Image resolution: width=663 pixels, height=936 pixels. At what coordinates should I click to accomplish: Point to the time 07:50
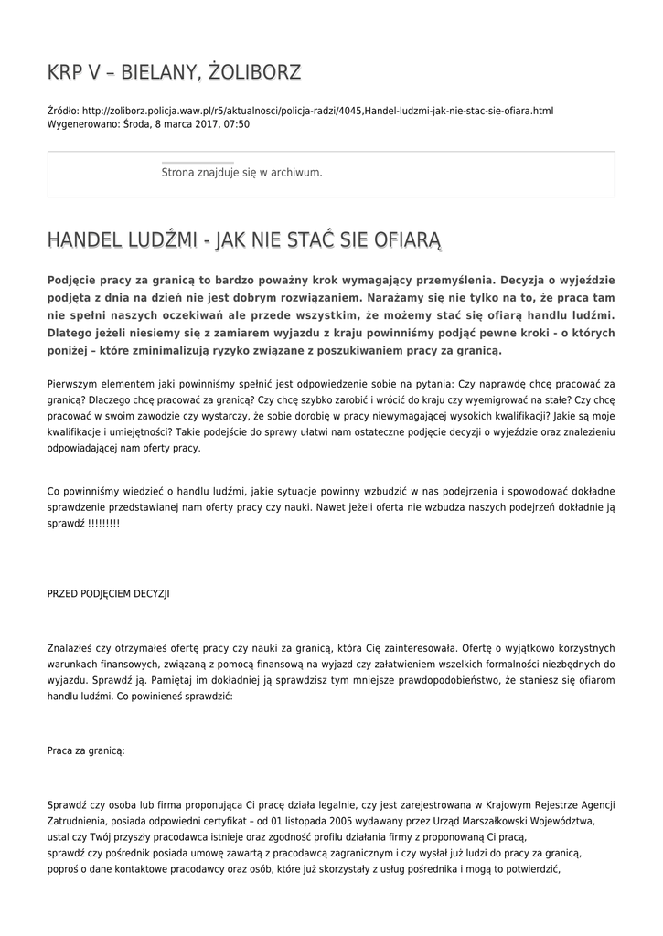pos(237,123)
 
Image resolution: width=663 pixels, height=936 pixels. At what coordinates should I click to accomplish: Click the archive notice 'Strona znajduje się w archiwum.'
pos(241,172)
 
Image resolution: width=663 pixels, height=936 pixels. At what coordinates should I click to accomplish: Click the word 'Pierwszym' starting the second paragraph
pos(74,385)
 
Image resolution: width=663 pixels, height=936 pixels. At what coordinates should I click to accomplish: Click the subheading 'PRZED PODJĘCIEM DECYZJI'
pos(108,593)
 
